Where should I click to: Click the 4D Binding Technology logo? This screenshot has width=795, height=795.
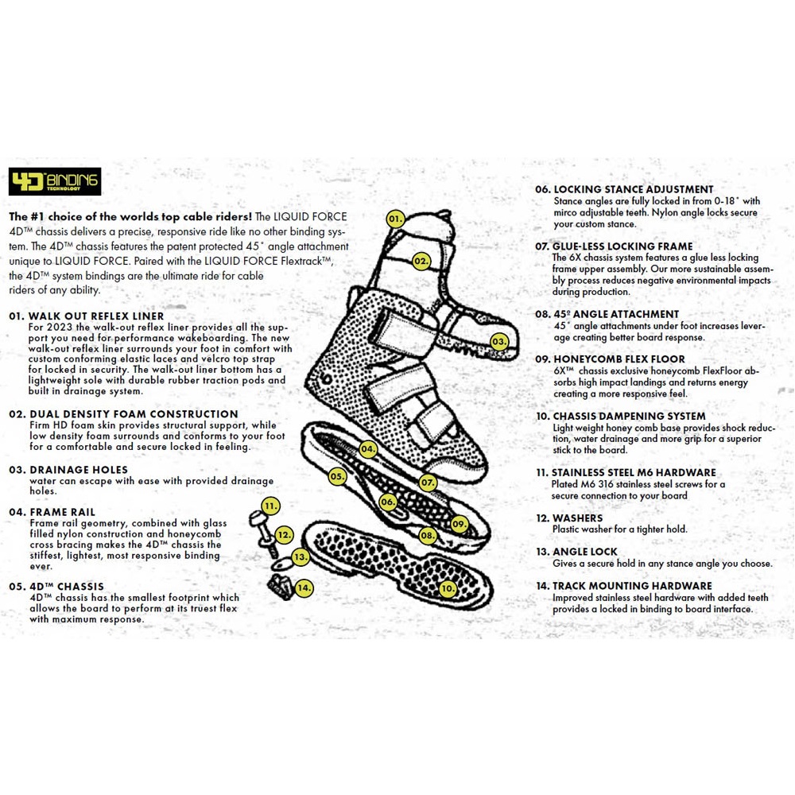coord(54,182)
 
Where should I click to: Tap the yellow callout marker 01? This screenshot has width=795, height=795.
coord(395,219)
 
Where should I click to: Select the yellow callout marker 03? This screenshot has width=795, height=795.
coord(498,342)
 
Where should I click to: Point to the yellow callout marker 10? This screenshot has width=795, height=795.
coord(448,589)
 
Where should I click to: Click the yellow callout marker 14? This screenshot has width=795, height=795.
coord(304,588)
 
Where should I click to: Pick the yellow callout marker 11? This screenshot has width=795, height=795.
coord(271,506)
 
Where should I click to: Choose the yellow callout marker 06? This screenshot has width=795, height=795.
coord(387,502)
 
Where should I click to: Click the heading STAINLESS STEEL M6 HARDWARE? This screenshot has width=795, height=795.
coord(625,472)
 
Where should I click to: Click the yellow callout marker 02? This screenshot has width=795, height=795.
coord(421,261)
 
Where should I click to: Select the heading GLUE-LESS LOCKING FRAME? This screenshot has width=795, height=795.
coord(613,246)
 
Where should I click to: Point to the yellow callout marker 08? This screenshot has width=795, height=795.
coord(428,536)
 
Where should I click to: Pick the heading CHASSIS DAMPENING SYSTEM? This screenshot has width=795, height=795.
coord(620,416)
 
